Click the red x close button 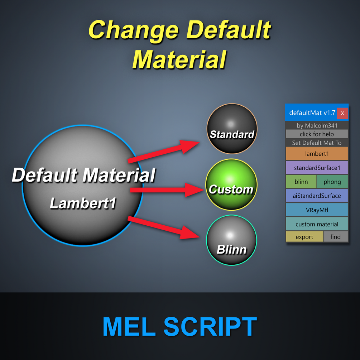pyautogui.click(x=342, y=113)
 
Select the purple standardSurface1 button pyautogui.click(x=317, y=168)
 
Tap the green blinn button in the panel pyautogui.click(x=301, y=182)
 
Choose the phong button pyautogui.click(x=332, y=182)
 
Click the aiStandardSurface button pyautogui.click(x=317, y=196)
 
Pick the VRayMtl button pyautogui.click(x=317, y=210)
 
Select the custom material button pyautogui.click(x=317, y=224)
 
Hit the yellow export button pyautogui.click(x=304, y=237)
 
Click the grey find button pyautogui.click(x=335, y=237)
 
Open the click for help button pyautogui.click(x=317, y=134)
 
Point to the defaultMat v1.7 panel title pyautogui.click(x=312, y=113)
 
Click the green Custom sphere pyautogui.click(x=231, y=184)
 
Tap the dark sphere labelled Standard pyautogui.click(x=232, y=129)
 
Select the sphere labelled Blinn pyautogui.click(x=231, y=240)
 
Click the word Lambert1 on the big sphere pyautogui.click(x=83, y=203)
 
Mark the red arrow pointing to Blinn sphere pyautogui.click(x=163, y=227)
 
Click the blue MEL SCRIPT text pyautogui.click(x=180, y=326)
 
